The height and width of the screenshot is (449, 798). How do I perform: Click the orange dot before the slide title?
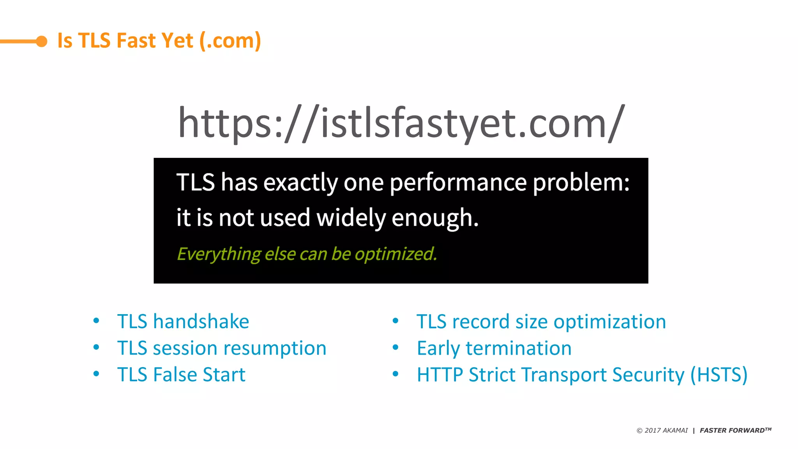coord(41,41)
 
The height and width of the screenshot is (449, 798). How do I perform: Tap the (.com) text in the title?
coord(230,41)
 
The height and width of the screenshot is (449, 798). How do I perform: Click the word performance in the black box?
coord(458,182)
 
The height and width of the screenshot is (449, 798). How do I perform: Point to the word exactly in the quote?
coord(300,182)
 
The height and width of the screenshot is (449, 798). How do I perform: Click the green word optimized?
coord(395,254)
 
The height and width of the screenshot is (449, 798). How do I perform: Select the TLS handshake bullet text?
coord(183,322)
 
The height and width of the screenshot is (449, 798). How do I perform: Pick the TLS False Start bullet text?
coord(181,375)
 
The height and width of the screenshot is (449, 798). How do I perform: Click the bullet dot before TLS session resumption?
coord(96,347)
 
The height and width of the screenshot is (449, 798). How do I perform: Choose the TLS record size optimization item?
coord(541,322)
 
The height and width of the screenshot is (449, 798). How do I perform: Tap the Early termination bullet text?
coord(494,348)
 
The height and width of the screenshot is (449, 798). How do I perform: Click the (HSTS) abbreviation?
coord(719,375)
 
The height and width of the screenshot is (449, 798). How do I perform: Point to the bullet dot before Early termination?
coord(395,347)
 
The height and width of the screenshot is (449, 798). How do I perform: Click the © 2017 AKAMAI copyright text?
coord(662,430)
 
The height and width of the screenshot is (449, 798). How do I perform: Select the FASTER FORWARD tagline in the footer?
coord(735,430)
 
